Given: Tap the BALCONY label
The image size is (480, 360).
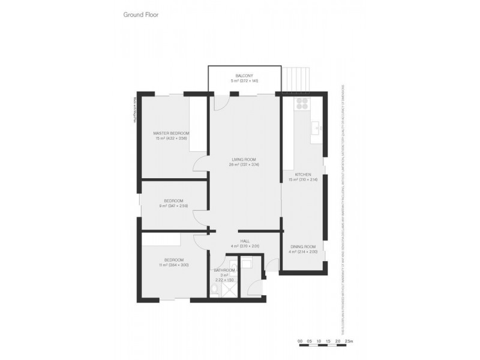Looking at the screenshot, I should tap(244, 76).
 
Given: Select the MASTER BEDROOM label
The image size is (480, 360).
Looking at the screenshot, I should tap(171, 133).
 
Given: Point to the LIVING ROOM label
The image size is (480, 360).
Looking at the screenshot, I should tap(244, 159).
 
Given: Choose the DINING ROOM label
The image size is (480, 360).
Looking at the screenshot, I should tap(303, 247).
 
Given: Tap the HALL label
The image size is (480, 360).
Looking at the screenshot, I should tap(244, 241).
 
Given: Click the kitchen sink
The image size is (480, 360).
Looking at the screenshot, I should tap(316, 128).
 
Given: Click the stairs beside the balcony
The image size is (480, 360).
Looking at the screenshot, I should tap(298, 78).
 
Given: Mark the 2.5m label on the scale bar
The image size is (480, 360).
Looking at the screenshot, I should tap(350, 341).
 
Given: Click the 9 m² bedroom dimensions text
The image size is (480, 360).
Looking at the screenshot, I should tap(173, 206).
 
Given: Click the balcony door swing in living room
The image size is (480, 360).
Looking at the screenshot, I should tap(221, 102).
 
